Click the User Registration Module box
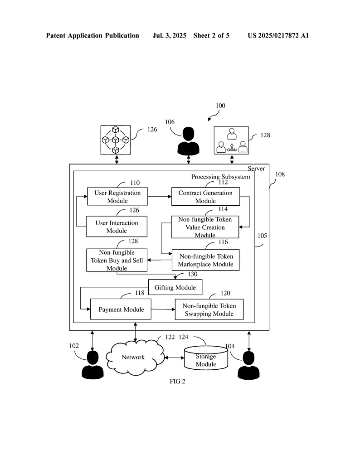click(x=117, y=196)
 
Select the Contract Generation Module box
click(x=205, y=196)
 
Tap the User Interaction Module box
click(x=117, y=227)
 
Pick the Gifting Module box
click(x=175, y=287)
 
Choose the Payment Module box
click(x=121, y=309)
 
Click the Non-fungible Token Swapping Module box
click(x=209, y=309)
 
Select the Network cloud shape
click(x=134, y=357)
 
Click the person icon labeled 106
click(x=188, y=141)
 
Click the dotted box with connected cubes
click(x=115, y=140)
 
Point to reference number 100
click(x=220, y=106)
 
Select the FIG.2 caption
click(x=177, y=381)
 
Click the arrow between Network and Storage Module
click(x=174, y=358)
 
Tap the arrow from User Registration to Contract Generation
click(x=160, y=196)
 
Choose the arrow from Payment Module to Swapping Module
click(x=163, y=309)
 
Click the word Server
click(x=256, y=169)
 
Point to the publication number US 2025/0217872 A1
click(x=278, y=35)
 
